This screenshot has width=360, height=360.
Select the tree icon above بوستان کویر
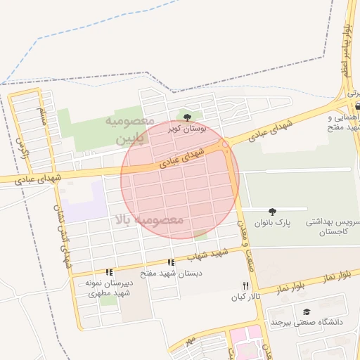click(x=186, y=117)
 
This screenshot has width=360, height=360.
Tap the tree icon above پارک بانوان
click(x=272, y=211)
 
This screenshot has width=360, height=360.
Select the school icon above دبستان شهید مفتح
click(x=171, y=262)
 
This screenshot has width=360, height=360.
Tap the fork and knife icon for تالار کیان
click(x=245, y=285)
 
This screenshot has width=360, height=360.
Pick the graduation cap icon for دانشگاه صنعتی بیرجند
click(x=306, y=311)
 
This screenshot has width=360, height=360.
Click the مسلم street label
click(x=42, y=117)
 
